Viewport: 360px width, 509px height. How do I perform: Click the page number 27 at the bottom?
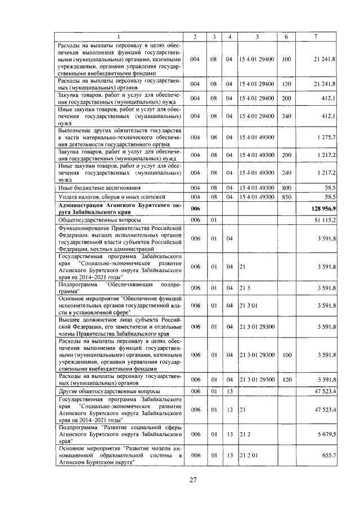pos(192,480)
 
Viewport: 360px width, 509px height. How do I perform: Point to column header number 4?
pos(229,37)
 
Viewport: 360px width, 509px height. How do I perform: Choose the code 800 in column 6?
pos(286,186)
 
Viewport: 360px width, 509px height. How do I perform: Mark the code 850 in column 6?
pos(286,197)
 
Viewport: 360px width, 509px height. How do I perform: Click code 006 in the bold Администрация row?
pos(195,209)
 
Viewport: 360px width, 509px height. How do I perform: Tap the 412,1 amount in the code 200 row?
pos(328,98)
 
